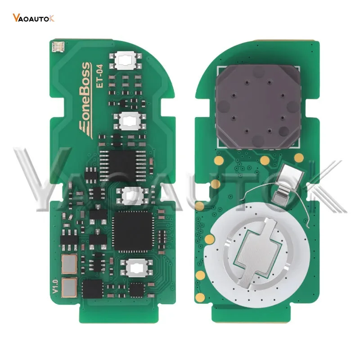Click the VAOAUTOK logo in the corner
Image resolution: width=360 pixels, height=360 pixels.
tap(33, 18)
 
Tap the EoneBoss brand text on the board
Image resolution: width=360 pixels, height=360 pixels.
tap(85, 100)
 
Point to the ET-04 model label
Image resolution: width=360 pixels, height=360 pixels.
tap(99, 76)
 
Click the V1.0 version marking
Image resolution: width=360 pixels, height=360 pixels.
tap(55, 286)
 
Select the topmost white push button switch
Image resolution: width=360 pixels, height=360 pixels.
tap(126, 60)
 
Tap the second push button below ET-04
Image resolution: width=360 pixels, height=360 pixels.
tap(130, 121)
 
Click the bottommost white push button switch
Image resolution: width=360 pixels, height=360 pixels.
tap(137, 267)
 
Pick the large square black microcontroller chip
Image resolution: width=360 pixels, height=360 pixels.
tap(133, 231)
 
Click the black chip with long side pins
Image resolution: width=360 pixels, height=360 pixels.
tap(123, 166)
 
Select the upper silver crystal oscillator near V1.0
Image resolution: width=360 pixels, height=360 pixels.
tap(69, 264)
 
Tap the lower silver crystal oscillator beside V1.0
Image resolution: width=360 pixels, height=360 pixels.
tap(69, 288)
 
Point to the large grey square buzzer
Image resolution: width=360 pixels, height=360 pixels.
tap(258, 107)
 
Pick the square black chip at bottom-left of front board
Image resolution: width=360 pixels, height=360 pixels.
tap(93, 289)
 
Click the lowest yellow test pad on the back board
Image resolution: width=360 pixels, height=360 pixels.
tap(200, 297)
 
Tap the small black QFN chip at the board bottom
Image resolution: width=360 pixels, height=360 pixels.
tap(137, 290)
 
